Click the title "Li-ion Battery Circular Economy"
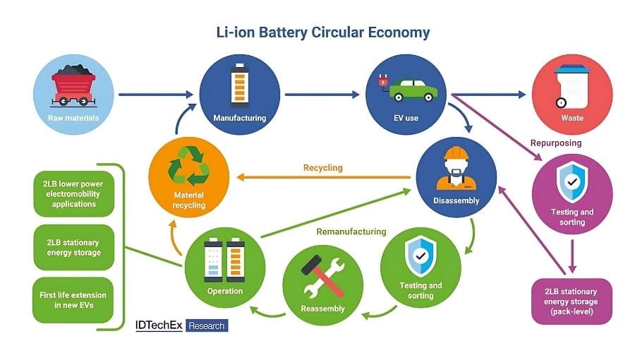click(x=322, y=32)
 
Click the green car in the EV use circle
click(x=412, y=89)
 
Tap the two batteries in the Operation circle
click(x=225, y=258)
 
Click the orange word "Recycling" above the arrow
click(x=322, y=168)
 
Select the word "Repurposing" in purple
click(x=556, y=143)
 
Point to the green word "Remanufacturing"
click(x=351, y=231)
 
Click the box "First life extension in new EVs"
click(x=74, y=300)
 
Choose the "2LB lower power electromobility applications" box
click(x=74, y=193)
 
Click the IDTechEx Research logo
click(x=181, y=325)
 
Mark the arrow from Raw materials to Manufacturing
click(x=155, y=94)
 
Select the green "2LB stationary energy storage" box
click(x=74, y=247)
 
